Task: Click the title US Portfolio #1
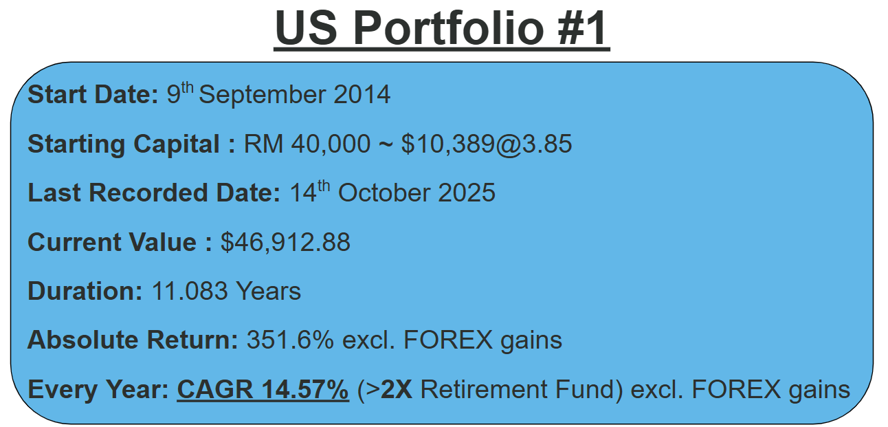pyautogui.click(x=442, y=28)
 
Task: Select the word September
pyautogui.click(x=262, y=96)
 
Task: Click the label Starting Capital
pyautogui.click(x=123, y=144)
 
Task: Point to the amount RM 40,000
pyautogui.click(x=307, y=144)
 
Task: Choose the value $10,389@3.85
pyautogui.click(x=487, y=144)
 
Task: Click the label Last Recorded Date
pyautogui.click(x=154, y=193)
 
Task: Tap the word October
pyautogui.click(x=384, y=193)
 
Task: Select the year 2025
pyautogui.click(x=467, y=193)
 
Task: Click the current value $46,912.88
pyautogui.click(x=285, y=242)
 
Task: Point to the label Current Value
pyautogui.click(x=112, y=242)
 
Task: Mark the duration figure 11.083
pyautogui.click(x=190, y=292)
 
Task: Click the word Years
pyautogui.click(x=269, y=292)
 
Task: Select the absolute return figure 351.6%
pyautogui.click(x=290, y=340)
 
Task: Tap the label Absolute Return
pyautogui.click(x=133, y=340)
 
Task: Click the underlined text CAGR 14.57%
pyautogui.click(x=263, y=390)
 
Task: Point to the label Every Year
pyautogui.click(x=98, y=391)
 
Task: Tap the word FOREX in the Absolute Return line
pyautogui.click(x=448, y=340)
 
